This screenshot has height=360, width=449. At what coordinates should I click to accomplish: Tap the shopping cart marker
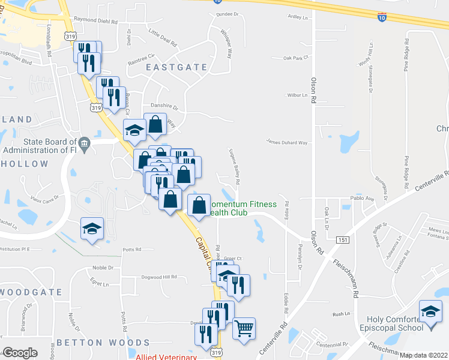point(244,328)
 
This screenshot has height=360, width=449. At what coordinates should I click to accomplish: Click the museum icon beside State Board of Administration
point(84,143)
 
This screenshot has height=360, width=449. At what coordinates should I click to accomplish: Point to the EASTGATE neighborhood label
point(177,67)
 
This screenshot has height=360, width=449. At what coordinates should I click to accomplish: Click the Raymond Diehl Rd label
point(100,20)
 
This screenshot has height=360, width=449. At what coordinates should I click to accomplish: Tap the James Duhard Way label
point(287,143)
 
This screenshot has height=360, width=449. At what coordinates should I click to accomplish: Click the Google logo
point(20,352)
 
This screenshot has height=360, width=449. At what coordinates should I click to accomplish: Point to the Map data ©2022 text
point(423,355)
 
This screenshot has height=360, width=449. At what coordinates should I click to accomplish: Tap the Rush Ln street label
point(341,314)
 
